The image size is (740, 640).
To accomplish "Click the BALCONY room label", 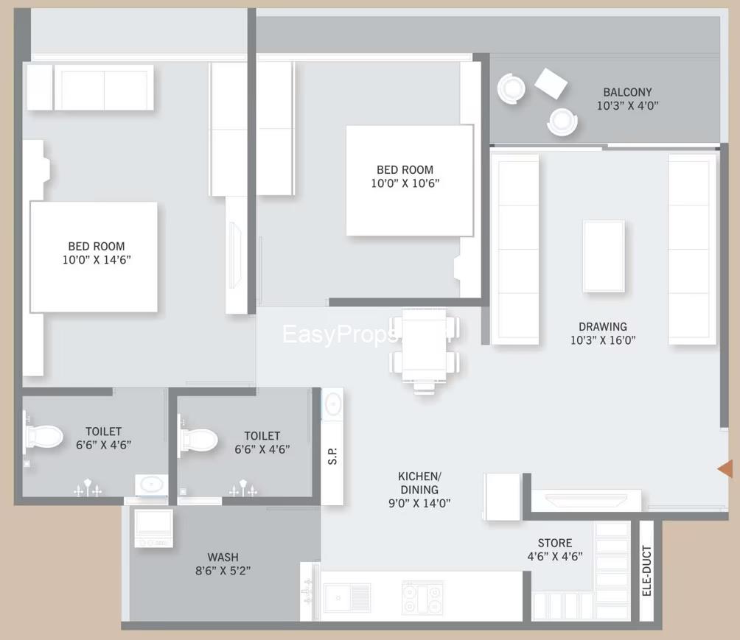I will tap(627, 92).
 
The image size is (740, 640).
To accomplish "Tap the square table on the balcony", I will tap(551, 83).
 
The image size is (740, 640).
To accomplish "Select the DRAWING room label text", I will tap(602, 326).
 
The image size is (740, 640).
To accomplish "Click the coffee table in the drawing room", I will tap(604, 255).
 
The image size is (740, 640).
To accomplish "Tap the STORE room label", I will tap(555, 543).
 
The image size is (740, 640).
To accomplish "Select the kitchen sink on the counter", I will tap(347, 596).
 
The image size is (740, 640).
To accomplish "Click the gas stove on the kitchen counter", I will tap(422, 597).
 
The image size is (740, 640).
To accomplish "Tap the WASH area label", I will tap(223, 557).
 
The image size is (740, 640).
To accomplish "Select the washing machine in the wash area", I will tap(153, 527).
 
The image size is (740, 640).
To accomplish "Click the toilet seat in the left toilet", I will tap(43, 436).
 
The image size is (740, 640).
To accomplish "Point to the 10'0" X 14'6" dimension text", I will tap(97, 259).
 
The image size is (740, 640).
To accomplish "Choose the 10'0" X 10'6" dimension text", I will tap(405, 183).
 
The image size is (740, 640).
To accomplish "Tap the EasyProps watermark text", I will tap(340, 335).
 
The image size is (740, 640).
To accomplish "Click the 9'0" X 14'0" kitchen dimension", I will tap(419, 503).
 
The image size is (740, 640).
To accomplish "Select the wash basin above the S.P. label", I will tap(332, 404).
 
